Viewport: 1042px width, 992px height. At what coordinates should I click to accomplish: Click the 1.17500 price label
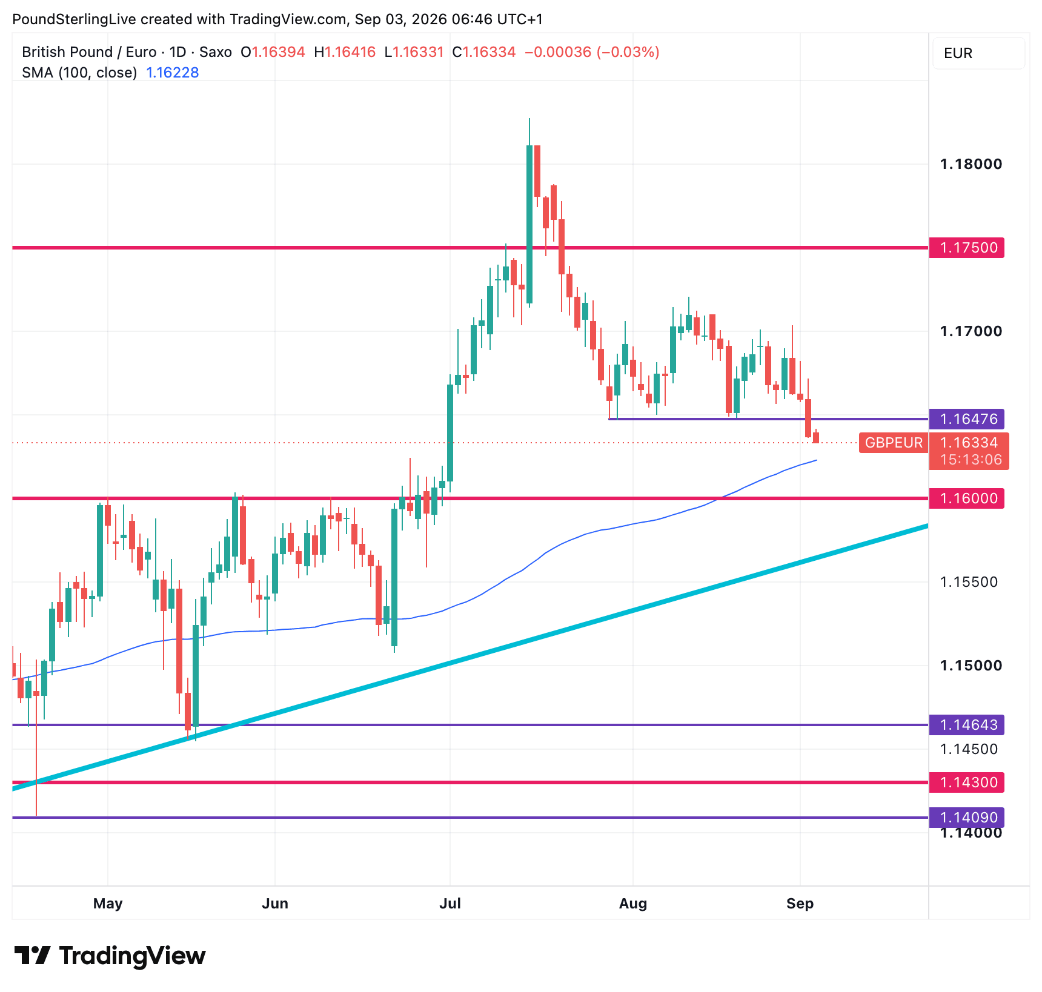point(966,248)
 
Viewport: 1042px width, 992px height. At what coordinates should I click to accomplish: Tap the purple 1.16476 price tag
point(966,419)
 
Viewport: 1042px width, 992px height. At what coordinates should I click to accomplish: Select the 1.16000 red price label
point(966,498)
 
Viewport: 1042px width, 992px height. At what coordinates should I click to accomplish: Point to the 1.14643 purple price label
point(966,725)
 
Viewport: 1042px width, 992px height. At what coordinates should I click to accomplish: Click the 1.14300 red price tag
point(966,782)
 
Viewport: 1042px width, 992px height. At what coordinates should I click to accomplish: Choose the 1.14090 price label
point(966,818)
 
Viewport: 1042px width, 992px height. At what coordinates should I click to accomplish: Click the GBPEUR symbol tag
point(894,443)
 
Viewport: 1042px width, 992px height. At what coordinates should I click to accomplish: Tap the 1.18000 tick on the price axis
point(971,164)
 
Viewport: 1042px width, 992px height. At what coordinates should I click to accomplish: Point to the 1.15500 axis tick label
point(968,582)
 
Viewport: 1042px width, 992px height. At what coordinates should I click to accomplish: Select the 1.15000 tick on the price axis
point(971,666)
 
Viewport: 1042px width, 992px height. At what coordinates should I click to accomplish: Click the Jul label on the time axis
point(450,904)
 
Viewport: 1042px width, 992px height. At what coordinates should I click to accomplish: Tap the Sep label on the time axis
point(800,904)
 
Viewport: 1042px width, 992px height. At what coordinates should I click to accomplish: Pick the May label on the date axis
point(108,904)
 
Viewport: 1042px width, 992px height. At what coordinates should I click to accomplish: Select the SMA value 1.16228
point(173,73)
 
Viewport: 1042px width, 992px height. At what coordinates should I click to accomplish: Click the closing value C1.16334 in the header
point(484,52)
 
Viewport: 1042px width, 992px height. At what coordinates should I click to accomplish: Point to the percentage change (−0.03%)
point(628,52)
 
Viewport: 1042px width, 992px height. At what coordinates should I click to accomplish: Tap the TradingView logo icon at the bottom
point(32,956)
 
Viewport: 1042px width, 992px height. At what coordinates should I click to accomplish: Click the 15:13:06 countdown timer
point(971,460)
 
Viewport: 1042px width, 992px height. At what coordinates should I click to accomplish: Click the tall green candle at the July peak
point(529,223)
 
